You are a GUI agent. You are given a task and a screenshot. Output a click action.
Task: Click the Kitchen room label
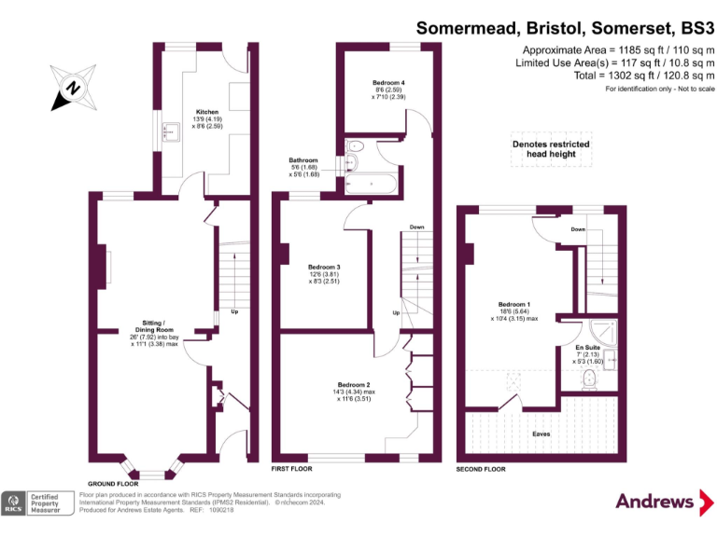point(207,112)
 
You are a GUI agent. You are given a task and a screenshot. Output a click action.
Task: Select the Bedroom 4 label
point(388,83)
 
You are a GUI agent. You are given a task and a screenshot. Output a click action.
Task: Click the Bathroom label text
point(303,160)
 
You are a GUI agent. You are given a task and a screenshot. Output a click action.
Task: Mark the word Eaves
point(541,434)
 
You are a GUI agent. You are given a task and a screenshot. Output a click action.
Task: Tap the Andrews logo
point(655,502)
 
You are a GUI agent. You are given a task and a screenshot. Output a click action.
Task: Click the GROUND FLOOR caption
point(113,484)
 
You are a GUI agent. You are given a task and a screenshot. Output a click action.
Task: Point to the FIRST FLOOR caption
point(292,468)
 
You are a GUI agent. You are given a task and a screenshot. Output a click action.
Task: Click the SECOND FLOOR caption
point(481,468)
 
